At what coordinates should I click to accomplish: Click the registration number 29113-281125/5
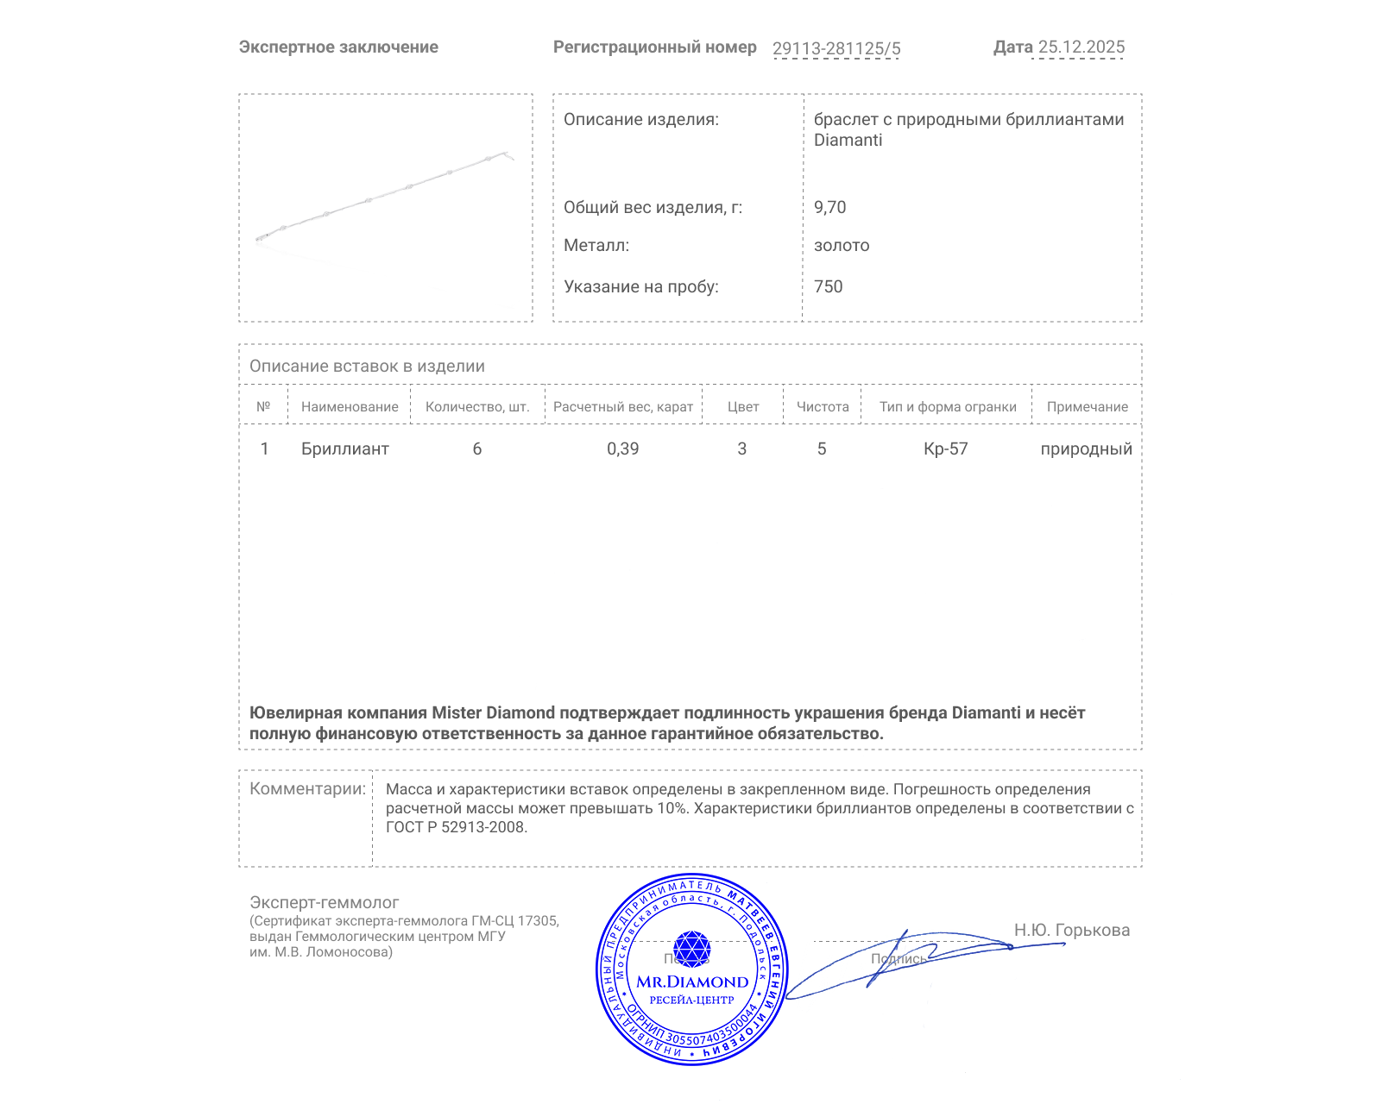pos(836,48)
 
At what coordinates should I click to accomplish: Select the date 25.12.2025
pos(1081,47)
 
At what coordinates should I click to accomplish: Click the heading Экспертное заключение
pos(338,47)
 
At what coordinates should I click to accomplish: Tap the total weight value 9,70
pos(829,207)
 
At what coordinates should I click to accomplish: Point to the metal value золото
pos(842,245)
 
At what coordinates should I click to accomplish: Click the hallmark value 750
pos(828,286)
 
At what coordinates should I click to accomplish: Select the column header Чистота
pos(822,407)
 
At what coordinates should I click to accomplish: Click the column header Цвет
pos(742,407)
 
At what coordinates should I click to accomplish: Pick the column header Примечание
pos(1087,407)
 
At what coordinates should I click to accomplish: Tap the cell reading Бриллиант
pos(344,448)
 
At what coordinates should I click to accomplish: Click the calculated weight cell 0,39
pos(622,448)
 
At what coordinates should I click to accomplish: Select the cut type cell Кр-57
pos(945,448)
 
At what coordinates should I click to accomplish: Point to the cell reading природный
pos(1086,448)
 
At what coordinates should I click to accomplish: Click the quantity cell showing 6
pos(476,448)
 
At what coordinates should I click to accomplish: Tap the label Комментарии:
pos(307,788)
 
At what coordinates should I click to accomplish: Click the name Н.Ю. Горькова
pos(1071,930)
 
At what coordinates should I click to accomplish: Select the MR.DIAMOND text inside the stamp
pos(692,982)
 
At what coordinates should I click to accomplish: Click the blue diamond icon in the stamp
pos(691,949)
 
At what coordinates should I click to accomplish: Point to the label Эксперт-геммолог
pos(324,902)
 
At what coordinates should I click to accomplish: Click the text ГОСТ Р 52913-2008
pos(455,827)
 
